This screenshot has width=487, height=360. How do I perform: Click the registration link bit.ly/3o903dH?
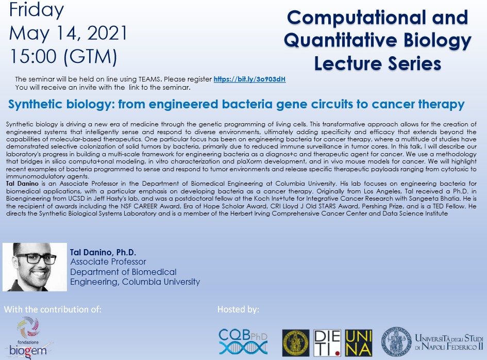(x=249, y=79)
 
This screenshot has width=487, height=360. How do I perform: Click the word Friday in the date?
(x=37, y=10)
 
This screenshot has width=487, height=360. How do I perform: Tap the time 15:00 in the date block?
(x=33, y=56)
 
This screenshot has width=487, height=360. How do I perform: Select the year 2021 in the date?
(x=107, y=33)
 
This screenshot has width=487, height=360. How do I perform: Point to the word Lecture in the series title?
(x=348, y=63)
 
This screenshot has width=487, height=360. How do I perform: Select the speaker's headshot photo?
(x=35, y=267)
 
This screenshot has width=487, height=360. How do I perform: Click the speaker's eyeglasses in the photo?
(x=36, y=258)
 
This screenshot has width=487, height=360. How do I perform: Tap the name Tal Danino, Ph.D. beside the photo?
(x=103, y=252)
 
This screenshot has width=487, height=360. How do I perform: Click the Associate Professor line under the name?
(x=108, y=262)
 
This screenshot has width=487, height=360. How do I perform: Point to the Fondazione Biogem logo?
(x=28, y=338)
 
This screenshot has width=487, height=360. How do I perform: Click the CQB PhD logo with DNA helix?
(x=243, y=341)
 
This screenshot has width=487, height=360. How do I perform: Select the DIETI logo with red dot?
(x=327, y=343)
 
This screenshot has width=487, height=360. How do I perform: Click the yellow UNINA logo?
(x=358, y=343)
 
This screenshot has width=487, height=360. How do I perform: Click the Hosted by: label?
(x=238, y=309)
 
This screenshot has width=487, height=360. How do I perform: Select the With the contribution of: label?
(x=53, y=309)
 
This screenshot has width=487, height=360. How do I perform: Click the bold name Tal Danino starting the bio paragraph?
(x=22, y=184)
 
